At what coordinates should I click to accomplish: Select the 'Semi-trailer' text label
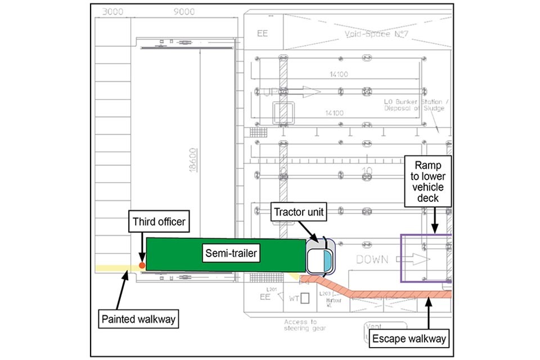point(230,254)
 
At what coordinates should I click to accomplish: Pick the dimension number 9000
point(184,11)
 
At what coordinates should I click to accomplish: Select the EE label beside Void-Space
point(262,33)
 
